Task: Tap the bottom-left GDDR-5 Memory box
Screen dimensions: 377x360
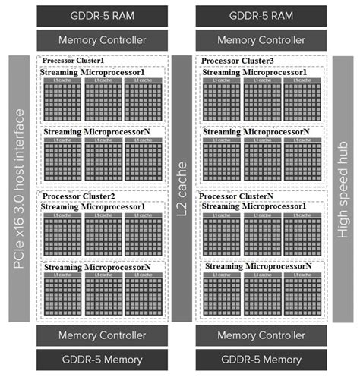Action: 100,360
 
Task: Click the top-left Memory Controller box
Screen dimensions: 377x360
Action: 100,39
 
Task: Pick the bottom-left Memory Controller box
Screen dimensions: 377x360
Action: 100,335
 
